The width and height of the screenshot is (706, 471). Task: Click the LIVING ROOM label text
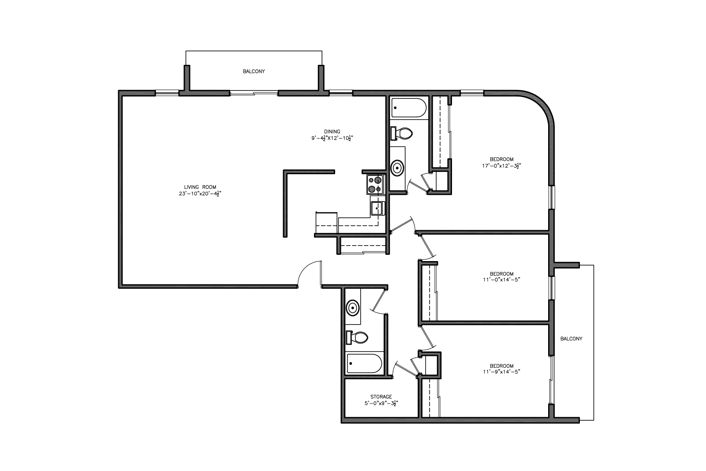200,187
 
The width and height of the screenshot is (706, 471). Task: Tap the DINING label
332,131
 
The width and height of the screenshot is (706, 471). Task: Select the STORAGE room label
381,396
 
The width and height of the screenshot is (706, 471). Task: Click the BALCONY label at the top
254,71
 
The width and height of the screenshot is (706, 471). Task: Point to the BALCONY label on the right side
571,339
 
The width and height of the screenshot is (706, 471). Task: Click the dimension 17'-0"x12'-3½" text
501,166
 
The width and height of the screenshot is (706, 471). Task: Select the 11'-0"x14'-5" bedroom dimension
501,280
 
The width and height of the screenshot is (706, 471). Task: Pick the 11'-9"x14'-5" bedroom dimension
501,372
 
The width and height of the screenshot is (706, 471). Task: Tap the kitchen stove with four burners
375,184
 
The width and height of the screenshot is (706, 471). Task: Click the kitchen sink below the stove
377,208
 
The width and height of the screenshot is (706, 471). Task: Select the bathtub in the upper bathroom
409,108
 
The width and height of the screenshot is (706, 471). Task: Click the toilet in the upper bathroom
402,133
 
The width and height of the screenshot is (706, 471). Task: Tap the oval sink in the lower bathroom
352,308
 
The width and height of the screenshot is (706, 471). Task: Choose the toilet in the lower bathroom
357,338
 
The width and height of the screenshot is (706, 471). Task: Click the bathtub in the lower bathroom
364,363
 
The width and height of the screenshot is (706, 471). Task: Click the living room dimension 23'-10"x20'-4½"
200,194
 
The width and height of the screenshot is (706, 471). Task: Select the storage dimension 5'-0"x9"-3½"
381,403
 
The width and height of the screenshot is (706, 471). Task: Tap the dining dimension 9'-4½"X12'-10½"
332,138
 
